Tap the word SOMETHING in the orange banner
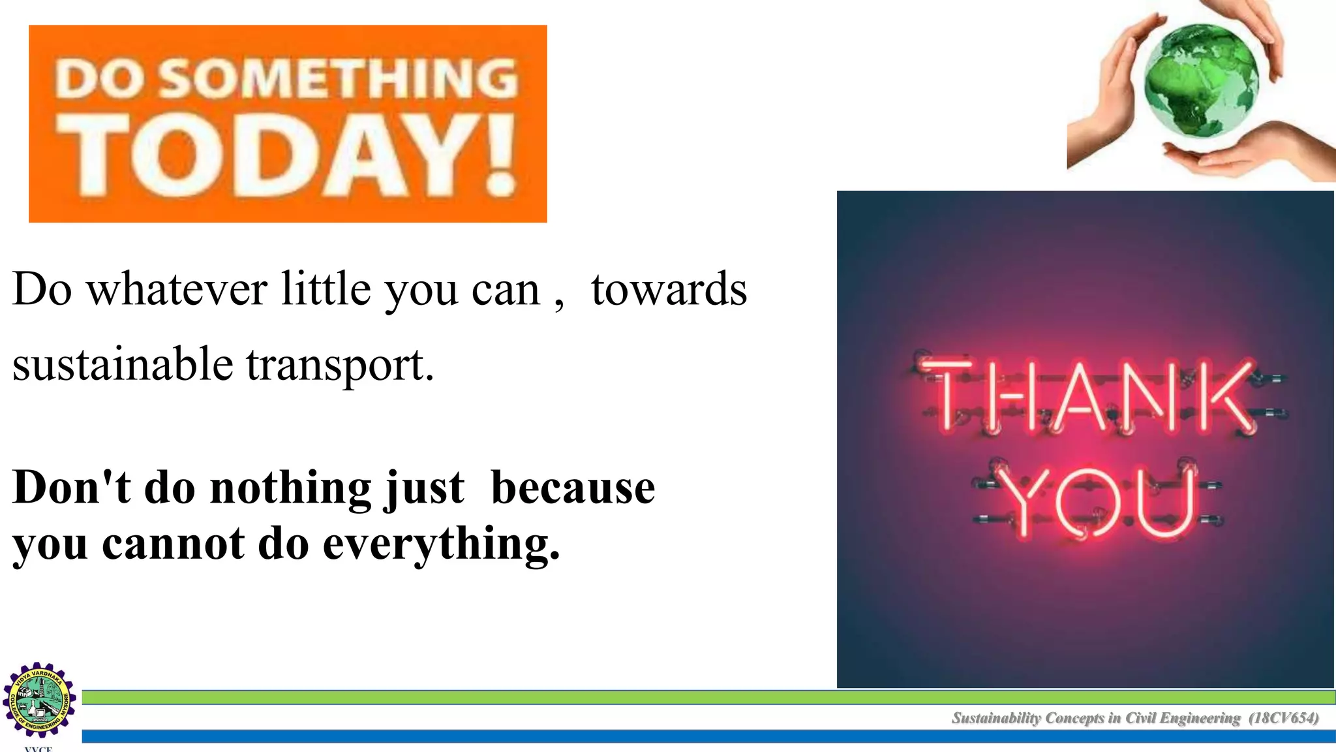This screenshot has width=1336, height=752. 339,78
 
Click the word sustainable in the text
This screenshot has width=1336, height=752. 123,364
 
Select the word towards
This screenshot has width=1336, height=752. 669,289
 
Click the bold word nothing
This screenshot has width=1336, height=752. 290,488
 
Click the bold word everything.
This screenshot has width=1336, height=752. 441,544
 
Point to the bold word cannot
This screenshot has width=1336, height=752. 173,543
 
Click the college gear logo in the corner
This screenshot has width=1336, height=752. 40,700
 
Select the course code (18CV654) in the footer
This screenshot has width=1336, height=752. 1283,718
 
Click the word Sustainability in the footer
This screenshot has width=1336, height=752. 996,718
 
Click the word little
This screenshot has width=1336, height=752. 326,289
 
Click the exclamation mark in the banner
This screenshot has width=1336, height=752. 501,157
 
